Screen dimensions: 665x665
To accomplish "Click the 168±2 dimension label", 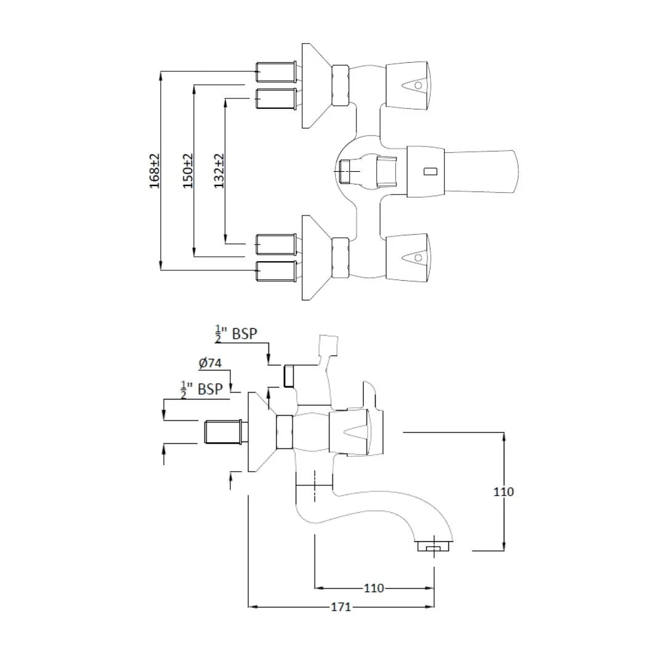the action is (155, 171).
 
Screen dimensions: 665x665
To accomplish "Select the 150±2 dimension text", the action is (188, 171).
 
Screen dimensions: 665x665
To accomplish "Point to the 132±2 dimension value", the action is (219, 171).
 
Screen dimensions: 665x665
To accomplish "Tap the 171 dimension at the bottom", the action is (341, 607).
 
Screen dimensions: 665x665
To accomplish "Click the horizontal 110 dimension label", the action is (374, 588).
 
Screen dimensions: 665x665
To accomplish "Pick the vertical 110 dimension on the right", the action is (504, 491).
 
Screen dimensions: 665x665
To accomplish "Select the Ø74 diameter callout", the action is (210, 363).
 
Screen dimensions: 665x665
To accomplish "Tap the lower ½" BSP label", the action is (202, 389).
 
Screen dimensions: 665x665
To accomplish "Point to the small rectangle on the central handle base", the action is (430, 171).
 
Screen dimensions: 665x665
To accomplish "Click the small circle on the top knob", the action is (418, 86).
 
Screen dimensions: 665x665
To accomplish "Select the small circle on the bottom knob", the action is (418, 257).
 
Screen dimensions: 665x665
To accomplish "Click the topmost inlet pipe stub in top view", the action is (276, 73).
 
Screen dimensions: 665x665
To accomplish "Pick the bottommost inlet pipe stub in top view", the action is (276, 272).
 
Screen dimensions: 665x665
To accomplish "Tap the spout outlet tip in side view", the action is (433, 546).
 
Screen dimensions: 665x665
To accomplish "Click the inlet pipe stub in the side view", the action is (223, 432).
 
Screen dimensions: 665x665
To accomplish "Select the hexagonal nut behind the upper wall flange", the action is (340, 86).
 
